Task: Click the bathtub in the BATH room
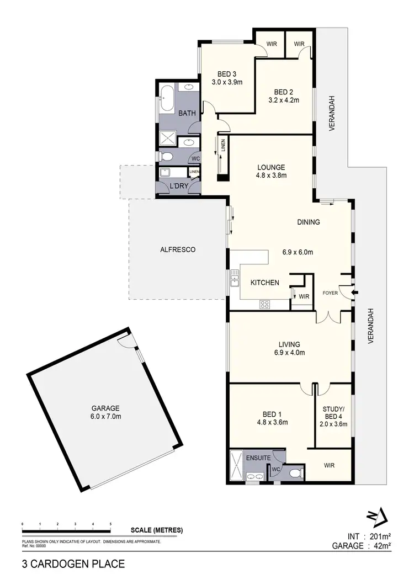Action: [x=167, y=99]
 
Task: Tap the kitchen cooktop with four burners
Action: [x=264, y=304]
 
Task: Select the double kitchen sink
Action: [x=234, y=278]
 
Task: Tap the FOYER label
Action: [x=331, y=293]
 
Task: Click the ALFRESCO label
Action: [x=178, y=249]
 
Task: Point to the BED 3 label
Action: [x=227, y=74]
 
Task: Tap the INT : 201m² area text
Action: [x=369, y=535]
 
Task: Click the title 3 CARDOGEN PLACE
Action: [x=73, y=564]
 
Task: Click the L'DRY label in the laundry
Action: [x=178, y=186]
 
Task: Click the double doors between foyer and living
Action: [x=328, y=318]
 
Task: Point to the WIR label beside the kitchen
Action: [x=304, y=297]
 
